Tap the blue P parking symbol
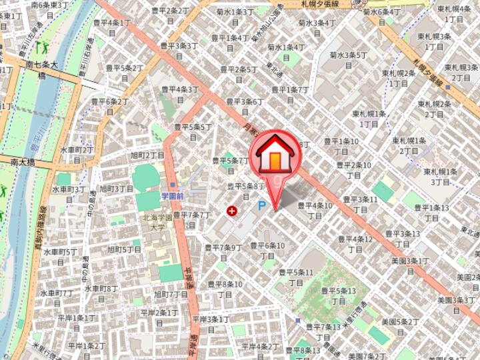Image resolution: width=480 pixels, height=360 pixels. click(262, 207)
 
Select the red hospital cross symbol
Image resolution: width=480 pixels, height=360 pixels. click(232, 211)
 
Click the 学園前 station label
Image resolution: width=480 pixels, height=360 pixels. click(172, 196)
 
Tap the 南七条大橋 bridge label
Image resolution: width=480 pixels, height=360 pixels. click(41, 71)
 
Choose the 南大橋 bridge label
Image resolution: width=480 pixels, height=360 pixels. click(22, 161)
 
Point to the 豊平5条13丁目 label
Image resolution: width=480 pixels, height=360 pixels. click(338, 296)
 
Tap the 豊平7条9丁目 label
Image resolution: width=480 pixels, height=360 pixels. click(224, 252)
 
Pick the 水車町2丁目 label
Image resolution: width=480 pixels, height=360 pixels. click(77, 155)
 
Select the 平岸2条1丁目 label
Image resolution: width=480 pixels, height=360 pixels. click(159, 317)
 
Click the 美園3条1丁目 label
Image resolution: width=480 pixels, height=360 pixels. click(409, 265)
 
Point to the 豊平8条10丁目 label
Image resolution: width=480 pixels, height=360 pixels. click(224, 289)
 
